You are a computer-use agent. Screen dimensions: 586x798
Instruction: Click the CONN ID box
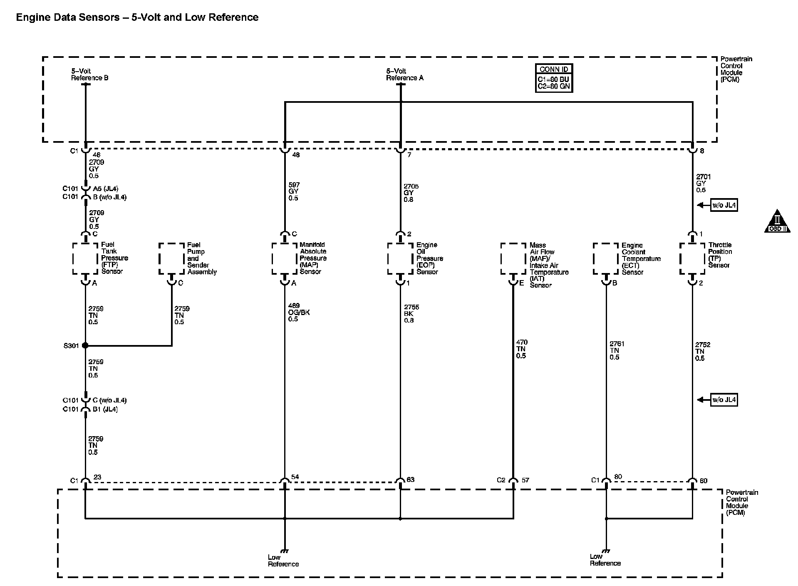tap(554, 78)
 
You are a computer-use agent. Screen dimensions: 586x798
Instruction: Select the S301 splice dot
tap(85, 345)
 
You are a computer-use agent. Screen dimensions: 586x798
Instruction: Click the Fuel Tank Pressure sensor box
tap(85, 258)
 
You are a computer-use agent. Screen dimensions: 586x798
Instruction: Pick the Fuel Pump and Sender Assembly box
tap(171, 258)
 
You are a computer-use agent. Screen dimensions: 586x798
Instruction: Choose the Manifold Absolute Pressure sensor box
tap(285, 258)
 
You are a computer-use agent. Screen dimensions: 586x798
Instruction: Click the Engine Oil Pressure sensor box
tap(400, 258)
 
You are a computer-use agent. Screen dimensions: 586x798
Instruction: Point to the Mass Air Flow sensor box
tap(513, 258)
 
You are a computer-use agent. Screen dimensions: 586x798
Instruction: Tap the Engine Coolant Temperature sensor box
tap(606, 258)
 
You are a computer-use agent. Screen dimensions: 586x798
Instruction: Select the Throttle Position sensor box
tap(692, 258)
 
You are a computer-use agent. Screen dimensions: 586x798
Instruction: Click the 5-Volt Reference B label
tap(89, 74)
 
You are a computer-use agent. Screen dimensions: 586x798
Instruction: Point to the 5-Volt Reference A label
tap(404, 74)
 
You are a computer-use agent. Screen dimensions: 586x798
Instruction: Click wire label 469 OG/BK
tap(299, 313)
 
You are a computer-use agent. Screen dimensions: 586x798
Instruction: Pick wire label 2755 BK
tap(411, 314)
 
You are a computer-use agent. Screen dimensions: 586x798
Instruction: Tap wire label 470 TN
tap(521, 349)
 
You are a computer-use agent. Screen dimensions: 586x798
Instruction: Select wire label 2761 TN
tap(617, 350)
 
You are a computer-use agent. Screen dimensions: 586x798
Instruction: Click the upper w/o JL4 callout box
tap(724, 205)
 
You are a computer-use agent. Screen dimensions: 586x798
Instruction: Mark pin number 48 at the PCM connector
tap(296, 155)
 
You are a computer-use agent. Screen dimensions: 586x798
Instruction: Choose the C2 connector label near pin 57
tap(501, 480)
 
